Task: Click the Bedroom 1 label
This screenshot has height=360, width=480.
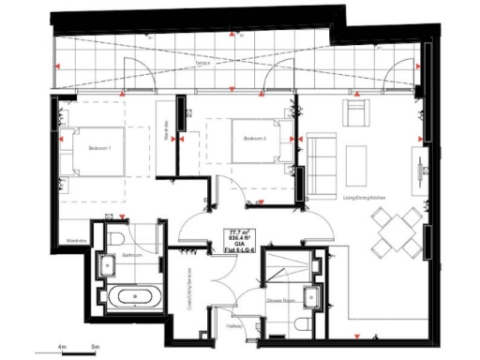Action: pos(99,149)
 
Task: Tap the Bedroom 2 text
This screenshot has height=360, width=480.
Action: pos(256,138)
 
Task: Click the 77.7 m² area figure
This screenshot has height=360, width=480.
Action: pos(239,232)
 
